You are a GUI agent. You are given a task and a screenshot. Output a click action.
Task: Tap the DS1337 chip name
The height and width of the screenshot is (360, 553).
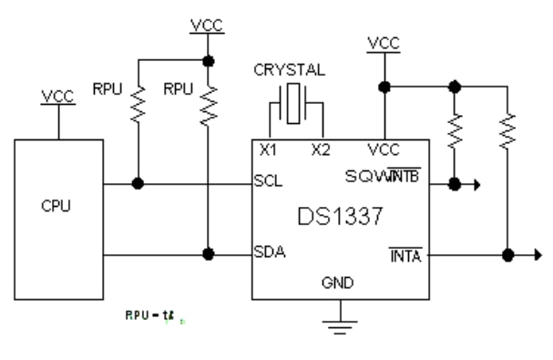tap(339, 218)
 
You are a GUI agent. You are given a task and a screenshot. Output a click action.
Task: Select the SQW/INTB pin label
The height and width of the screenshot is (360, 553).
tap(396, 175)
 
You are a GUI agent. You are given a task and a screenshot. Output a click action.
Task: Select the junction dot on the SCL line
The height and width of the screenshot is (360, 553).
tap(138, 183)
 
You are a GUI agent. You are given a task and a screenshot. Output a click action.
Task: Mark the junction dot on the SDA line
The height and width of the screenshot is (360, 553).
tap(209, 254)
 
